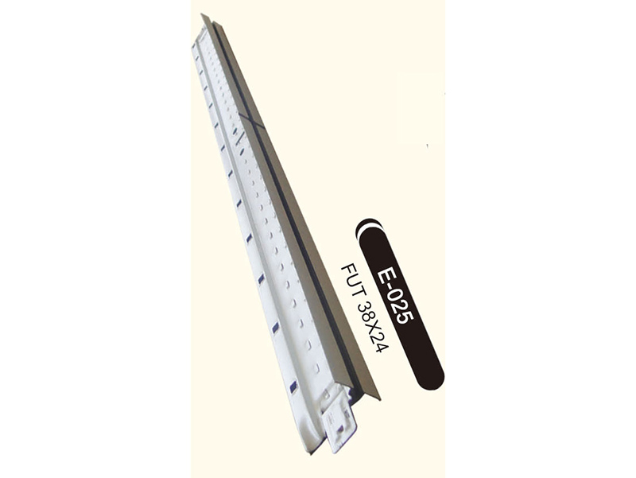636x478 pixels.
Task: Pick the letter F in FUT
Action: click(x=347, y=270)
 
